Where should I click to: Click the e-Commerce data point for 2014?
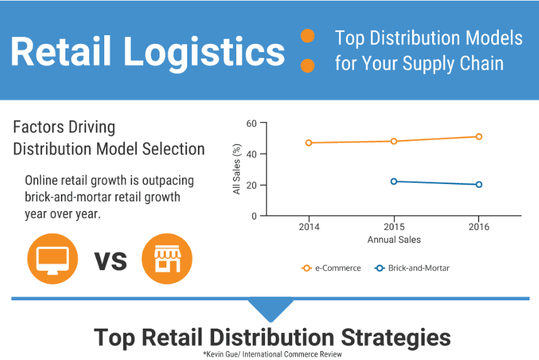[308, 143]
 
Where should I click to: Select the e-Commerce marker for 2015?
[394, 141]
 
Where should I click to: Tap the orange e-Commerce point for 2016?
[479, 136]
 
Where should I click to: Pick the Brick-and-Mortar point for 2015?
[394, 182]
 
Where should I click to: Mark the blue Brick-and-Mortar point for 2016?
[479, 185]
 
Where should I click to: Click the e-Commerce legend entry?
[332, 268]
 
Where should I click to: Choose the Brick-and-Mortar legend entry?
[412, 268]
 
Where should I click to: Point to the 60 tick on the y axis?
[251, 123]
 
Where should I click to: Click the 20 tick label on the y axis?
[251, 185]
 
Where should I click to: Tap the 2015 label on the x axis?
[394, 227]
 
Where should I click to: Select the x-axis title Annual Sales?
[394, 239]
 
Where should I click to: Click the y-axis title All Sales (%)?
[237, 169]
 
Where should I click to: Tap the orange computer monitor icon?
[53, 258]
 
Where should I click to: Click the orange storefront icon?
[166, 258]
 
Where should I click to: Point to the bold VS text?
[110, 259]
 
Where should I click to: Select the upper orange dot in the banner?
[307, 36]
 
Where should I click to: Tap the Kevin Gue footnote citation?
[272, 354]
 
